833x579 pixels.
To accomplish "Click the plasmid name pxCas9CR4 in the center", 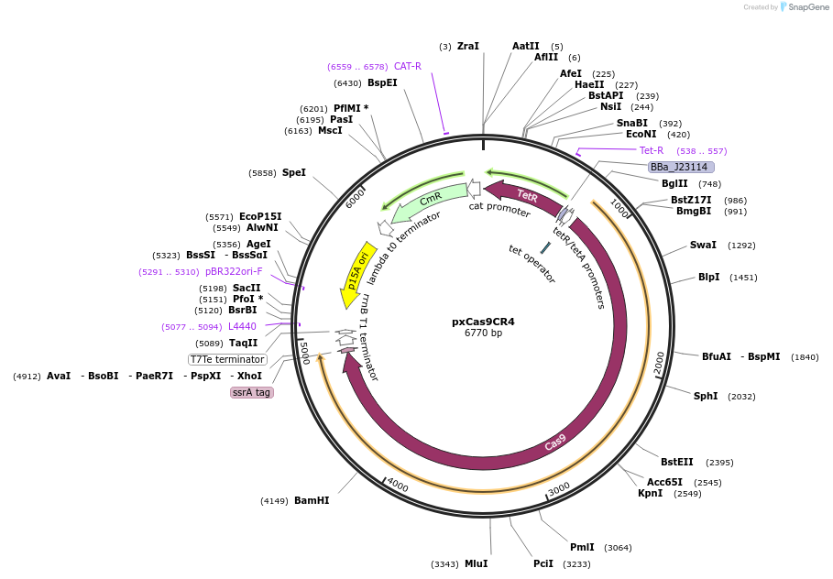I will coord(483,322).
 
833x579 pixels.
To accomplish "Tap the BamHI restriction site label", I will coord(312,501).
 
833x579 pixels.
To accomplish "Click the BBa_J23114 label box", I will coord(680,167).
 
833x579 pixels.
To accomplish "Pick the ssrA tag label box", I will coord(251,392).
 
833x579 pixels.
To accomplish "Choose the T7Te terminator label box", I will coord(227,359).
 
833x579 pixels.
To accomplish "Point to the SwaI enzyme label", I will coord(703,246).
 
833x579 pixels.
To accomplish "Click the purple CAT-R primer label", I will coord(408,66).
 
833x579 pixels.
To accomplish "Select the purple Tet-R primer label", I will coord(652,150).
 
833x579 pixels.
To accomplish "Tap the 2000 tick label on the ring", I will coord(659,364).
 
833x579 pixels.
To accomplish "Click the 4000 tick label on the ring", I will coord(396,483).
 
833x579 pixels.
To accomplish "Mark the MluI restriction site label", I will coord(476,563).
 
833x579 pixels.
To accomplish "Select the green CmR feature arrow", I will coord(429,201).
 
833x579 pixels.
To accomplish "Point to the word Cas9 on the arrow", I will coord(555,442).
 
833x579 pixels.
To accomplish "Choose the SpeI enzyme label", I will coord(294,172).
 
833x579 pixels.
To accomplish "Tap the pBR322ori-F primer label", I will coord(233,271).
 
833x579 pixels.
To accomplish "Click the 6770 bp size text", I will coord(483,333).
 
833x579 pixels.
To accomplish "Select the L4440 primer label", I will coord(242,326).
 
